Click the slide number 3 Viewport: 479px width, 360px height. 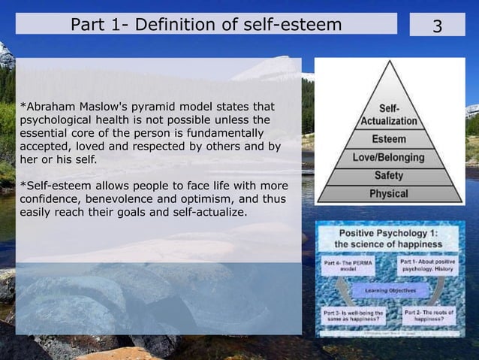click(x=437, y=26)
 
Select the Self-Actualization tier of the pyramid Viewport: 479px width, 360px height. click(x=389, y=115)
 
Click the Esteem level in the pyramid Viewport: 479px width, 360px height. click(x=389, y=139)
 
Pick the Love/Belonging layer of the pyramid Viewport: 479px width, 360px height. click(x=389, y=158)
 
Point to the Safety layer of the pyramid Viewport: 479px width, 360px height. click(x=389, y=176)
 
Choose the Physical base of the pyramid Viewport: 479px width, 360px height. click(x=389, y=194)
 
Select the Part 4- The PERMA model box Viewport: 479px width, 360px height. click(x=346, y=266)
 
